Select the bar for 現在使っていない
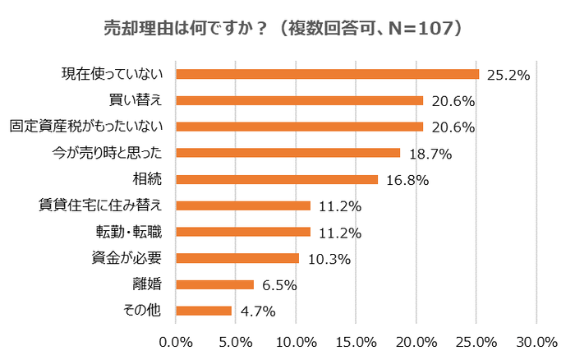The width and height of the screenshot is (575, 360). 327,74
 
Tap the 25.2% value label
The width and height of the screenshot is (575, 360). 508,75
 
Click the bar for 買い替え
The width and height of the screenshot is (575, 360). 300,100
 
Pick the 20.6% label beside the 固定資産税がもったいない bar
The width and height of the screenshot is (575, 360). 453,127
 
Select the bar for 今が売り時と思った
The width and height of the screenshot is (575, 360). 288,153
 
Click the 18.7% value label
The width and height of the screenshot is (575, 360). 430,154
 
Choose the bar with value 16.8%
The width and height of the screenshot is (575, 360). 277,179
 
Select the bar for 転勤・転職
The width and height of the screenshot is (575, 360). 243,232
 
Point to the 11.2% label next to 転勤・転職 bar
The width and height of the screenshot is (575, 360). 339,233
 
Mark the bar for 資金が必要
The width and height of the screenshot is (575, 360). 237,258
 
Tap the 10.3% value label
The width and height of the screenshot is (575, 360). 329,259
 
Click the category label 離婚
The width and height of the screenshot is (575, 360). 147,284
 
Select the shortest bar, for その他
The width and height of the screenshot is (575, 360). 204,311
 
